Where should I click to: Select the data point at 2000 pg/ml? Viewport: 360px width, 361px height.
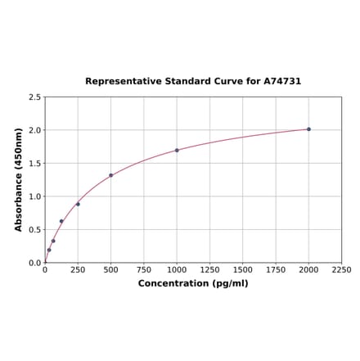[x=308, y=129]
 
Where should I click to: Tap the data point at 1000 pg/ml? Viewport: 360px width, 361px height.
[x=177, y=151]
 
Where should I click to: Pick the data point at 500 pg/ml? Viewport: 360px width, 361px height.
[x=110, y=175]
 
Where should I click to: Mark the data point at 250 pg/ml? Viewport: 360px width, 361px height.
[x=78, y=204]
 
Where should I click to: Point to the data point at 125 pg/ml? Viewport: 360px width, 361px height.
[x=61, y=221]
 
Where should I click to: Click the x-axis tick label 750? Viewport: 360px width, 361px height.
[x=144, y=269]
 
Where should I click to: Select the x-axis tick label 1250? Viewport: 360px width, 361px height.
[x=209, y=269]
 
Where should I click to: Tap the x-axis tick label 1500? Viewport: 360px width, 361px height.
[x=242, y=269]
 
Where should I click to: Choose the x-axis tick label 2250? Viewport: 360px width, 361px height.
[x=341, y=269]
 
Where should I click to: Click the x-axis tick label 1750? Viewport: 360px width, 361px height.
[x=276, y=269]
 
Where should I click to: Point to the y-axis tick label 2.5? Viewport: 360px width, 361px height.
[x=34, y=97]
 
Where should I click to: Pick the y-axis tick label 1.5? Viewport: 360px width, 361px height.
[x=34, y=164]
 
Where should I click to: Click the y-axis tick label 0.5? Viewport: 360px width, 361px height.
[x=34, y=230]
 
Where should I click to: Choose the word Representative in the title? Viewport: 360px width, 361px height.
[x=119, y=82]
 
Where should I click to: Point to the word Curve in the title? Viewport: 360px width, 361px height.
[x=223, y=82]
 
